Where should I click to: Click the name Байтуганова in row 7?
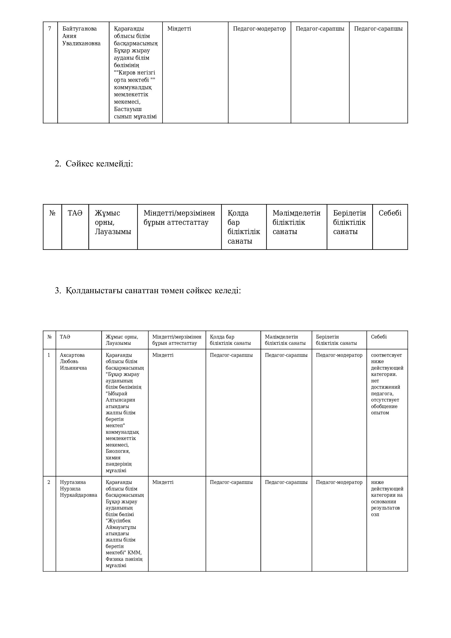[x=79, y=29]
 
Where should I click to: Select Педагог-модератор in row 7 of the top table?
[x=259, y=29]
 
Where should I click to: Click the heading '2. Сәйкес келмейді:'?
[x=94, y=164]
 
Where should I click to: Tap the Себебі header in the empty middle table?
[x=390, y=213]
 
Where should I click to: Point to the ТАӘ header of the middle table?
[x=75, y=213]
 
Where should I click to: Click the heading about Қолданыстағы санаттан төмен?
[x=148, y=291]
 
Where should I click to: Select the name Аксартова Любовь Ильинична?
[x=73, y=361]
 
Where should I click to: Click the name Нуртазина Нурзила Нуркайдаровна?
[x=78, y=489]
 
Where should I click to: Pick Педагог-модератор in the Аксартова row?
[x=339, y=355]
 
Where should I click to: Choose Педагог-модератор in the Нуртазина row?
[x=339, y=482]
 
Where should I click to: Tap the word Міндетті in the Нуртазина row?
[x=163, y=482]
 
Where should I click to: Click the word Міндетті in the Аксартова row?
[x=163, y=355]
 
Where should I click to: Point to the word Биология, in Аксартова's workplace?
[x=118, y=451]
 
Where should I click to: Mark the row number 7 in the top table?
[x=50, y=29]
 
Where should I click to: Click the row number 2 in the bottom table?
[x=49, y=482]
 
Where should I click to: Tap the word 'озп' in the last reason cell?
[x=375, y=514]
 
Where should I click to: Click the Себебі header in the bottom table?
[x=378, y=337]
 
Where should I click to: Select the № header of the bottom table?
[x=49, y=337]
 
